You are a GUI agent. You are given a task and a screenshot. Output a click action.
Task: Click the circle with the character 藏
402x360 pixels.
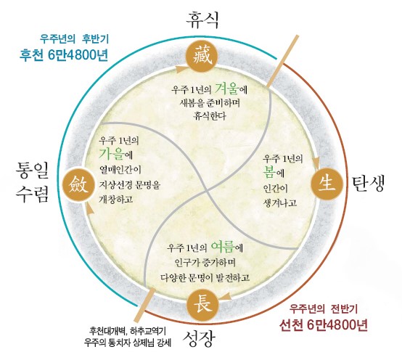202,56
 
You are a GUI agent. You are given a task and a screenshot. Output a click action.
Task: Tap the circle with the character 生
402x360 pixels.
327,184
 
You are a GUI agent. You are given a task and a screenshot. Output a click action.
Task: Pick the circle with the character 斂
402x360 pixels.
78,184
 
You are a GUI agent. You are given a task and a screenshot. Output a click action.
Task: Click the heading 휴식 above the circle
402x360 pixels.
202,20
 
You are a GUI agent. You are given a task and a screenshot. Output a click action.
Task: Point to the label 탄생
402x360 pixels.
369,184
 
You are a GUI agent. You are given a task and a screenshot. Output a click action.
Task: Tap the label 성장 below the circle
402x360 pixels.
198,339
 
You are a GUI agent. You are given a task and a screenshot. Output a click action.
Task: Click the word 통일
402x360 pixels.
33,170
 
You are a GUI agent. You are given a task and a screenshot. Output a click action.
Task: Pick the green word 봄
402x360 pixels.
269,172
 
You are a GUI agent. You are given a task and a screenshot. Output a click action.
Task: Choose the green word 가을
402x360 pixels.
112,153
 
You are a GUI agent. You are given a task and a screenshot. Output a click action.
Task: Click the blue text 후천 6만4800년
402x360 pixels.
64,55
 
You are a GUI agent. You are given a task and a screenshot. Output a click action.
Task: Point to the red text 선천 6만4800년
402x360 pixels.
324,325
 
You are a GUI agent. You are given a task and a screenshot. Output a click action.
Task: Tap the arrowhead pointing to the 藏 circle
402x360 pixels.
181,69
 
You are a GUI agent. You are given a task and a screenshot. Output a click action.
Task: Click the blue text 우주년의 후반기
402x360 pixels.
74,39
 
